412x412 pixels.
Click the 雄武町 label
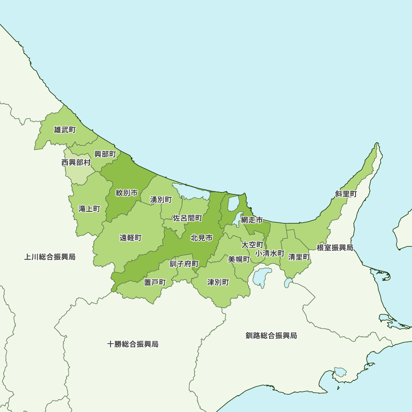point(65,130)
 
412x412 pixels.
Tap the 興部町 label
point(105,154)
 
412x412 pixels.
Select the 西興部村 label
point(76,162)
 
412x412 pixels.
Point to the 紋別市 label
point(126,193)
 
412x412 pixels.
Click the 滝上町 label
point(89,209)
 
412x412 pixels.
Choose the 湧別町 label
point(161,200)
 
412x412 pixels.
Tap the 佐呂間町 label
point(187,218)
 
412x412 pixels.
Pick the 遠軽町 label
point(131,238)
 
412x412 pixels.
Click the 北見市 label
point(201,238)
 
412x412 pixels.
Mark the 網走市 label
point(252,220)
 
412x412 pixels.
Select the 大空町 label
point(252,245)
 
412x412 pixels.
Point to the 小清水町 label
point(270,253)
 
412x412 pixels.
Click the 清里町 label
point(299,257)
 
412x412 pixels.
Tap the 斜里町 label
point(346,194)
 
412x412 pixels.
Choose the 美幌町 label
point(239,259)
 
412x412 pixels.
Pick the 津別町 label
point(218,282)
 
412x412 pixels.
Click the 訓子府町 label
point(184,264)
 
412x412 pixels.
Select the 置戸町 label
point(155,282)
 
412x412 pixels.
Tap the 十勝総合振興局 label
point(133,344)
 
